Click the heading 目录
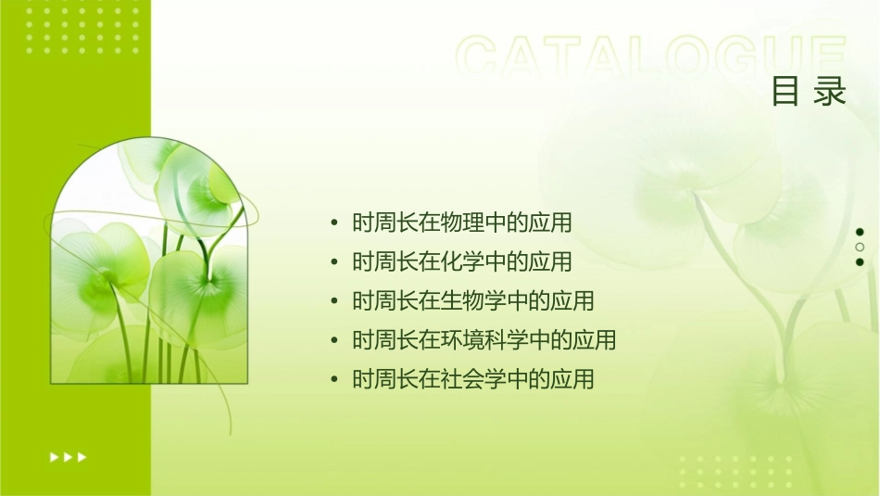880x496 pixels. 809,92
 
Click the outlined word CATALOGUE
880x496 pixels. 651,57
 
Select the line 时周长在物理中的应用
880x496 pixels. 462,223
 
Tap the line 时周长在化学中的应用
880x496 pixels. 462,261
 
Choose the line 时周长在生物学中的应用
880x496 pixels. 473,301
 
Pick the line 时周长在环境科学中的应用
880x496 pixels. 484,340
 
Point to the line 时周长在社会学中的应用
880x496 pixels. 473,379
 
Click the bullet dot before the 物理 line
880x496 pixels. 333,223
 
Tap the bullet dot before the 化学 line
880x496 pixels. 333,262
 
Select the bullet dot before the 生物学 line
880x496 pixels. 333,302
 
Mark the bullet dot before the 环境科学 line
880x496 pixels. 333,341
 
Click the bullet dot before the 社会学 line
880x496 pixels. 333,380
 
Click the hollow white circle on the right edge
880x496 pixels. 860,247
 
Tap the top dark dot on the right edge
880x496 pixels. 860,232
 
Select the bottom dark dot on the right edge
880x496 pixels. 860,261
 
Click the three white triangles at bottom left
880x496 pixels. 68,457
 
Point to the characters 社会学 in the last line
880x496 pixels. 474,379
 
